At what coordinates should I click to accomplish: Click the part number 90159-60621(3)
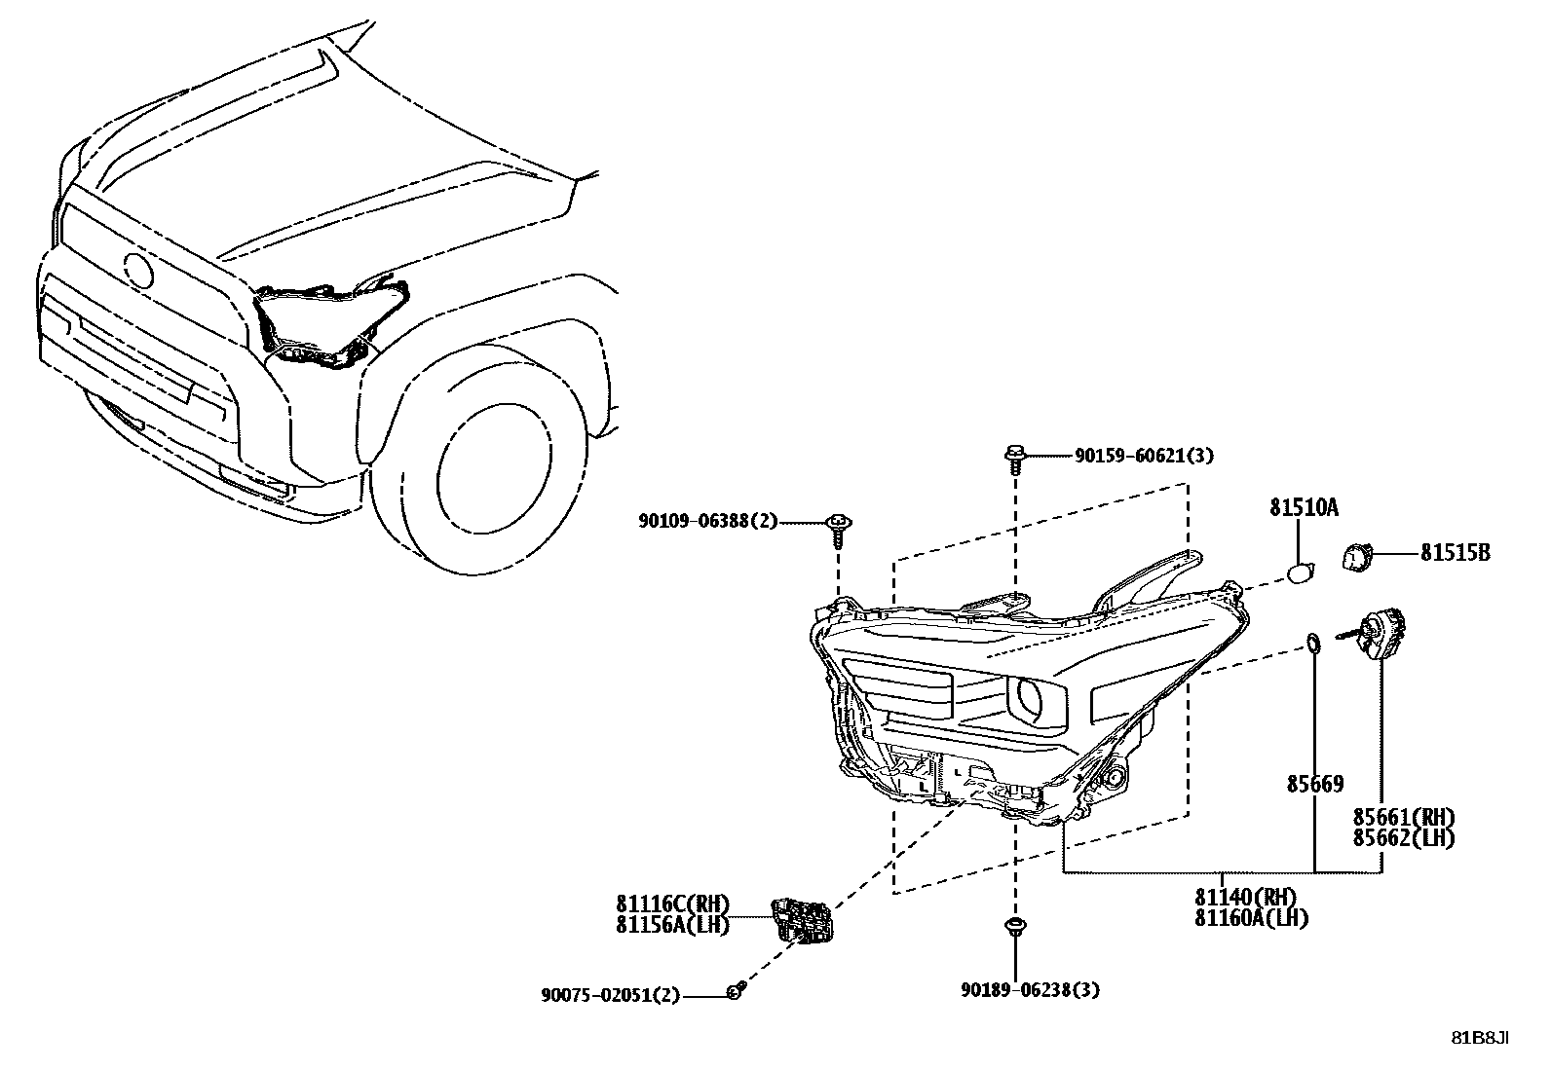tap(1144, 456)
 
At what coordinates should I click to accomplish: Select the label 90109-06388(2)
tap(708, 522)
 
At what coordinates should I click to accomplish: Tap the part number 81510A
tap(1304, 507)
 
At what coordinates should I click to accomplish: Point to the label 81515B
tap(1455, 553)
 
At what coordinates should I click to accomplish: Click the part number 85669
tap(1313, 783)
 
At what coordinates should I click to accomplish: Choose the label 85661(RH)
tap(1403, 816)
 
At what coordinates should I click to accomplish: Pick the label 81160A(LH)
tap(1252, 917)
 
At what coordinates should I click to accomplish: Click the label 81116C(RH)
tap(672, 904)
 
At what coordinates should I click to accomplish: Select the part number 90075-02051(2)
tap(611, 995)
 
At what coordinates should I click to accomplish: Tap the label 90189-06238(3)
tap(1030, 990)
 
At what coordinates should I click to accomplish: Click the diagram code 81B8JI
tap(1480, 1038)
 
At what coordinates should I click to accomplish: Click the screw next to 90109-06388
tap(837, 526)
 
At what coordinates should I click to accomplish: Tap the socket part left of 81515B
tap(1356, 558)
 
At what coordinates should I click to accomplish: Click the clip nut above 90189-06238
tap(1015, 926)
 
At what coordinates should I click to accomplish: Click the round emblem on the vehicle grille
tap(137, 270)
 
